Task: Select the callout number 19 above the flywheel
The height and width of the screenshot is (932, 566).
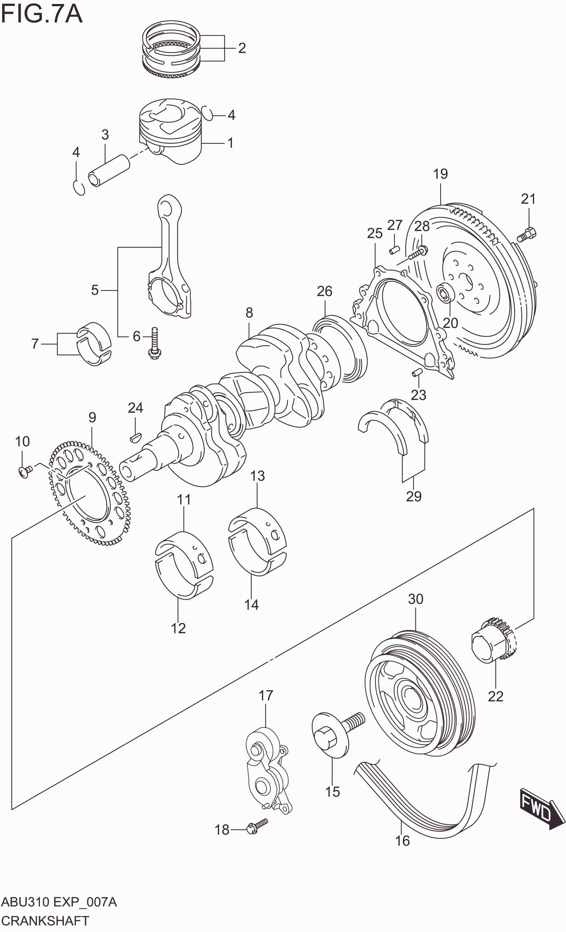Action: pyautogui.click(x=440, y=174)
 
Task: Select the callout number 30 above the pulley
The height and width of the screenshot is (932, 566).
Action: pyautogui.click(x=415, y=599)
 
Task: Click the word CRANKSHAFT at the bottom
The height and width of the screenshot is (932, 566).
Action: pyautogui.click(x=45, y=920)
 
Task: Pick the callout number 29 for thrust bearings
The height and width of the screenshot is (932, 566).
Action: pyautogui.click(x=413, y=496)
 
